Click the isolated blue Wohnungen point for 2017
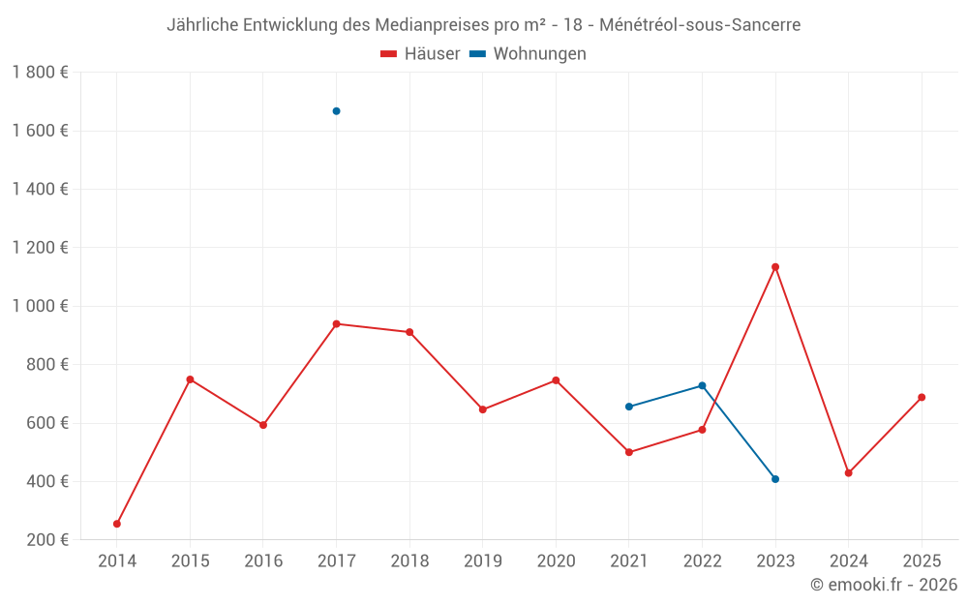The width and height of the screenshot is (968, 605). (x=336, y=111)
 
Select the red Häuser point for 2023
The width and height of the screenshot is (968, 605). (x=775, y=267)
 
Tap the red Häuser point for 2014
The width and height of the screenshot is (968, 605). (x=117, y=524)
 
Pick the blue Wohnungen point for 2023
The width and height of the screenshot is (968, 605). (x=775, y=479)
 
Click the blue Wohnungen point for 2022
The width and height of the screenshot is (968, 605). (x=702, y=385)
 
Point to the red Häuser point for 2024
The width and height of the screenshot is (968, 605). (x=849, y=473)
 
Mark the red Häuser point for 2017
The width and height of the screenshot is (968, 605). (x=336, y=323)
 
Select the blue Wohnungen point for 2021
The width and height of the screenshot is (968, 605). (x=629, y=407)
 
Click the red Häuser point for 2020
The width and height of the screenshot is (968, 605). (x=556, y=380)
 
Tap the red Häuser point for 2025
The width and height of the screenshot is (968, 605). (x=922, y=397)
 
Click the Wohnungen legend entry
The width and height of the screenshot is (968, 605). (x=529, y=54)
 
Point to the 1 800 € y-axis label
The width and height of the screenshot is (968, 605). (x=40, y=73)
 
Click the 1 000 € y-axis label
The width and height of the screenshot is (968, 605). (x=40, y=306)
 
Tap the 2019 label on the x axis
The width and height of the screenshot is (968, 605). (x=482, y=561)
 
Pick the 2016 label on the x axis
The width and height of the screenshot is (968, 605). (x=262, y=561)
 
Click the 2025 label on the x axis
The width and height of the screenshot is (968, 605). (x=922, y=561)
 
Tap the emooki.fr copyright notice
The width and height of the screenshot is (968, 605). (x=884, y=585)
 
